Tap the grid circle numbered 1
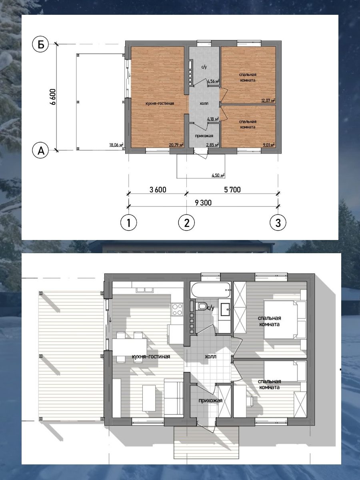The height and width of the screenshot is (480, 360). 128,223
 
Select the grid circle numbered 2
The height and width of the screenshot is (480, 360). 186,223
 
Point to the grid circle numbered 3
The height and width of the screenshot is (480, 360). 278,223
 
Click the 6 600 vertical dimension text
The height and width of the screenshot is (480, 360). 53,97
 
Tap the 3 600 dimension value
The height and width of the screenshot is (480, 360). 158,190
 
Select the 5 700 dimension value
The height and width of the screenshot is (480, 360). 232,190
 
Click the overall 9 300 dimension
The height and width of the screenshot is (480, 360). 203,203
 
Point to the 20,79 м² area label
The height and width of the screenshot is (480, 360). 176,144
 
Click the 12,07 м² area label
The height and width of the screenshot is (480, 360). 268,100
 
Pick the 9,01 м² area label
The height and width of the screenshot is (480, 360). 269,144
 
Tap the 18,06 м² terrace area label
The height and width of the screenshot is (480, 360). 116,144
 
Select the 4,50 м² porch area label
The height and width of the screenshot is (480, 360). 218,175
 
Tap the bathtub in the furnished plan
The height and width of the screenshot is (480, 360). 211,290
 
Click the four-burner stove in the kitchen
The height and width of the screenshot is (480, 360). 177,310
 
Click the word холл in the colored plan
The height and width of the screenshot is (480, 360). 204,104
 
